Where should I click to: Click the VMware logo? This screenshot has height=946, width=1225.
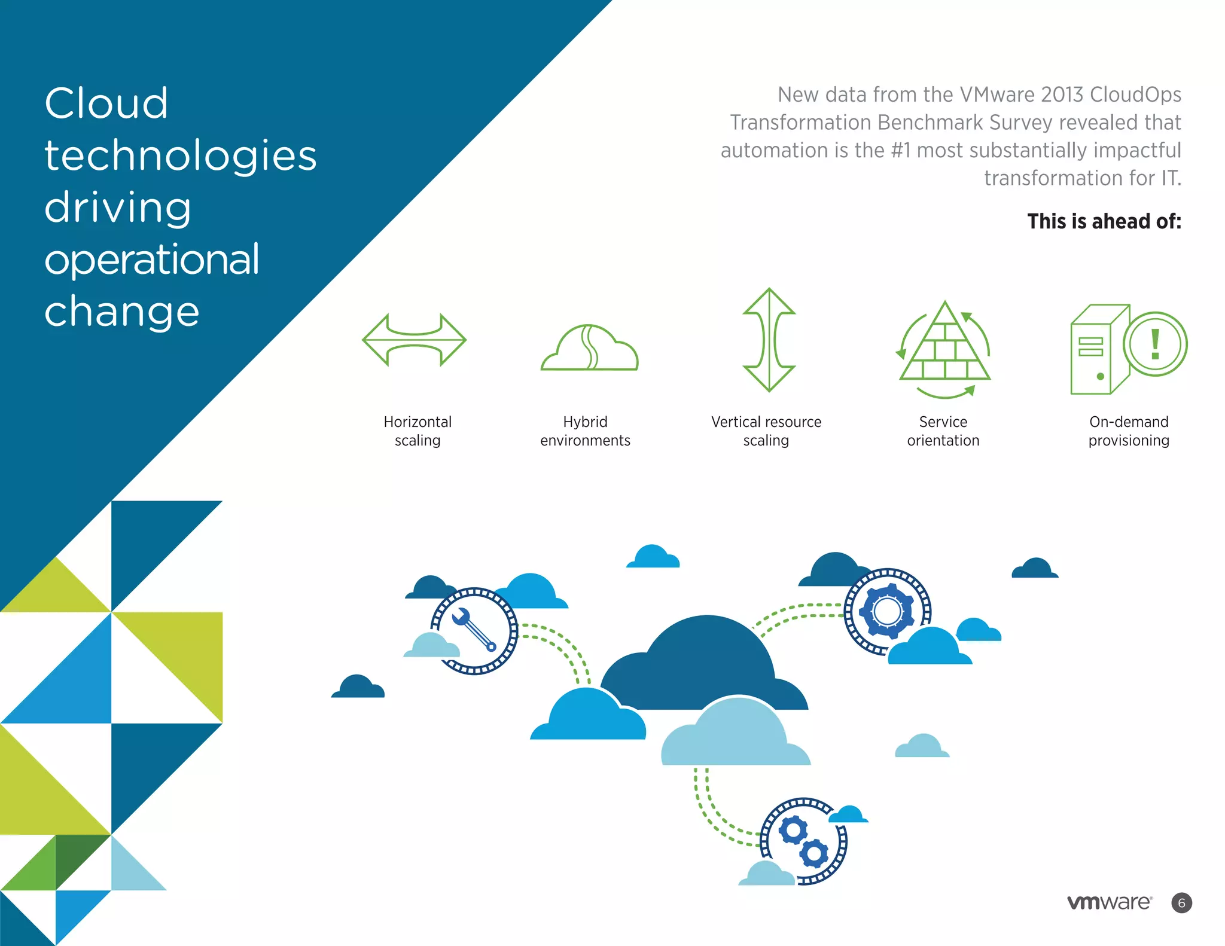(1110, 902)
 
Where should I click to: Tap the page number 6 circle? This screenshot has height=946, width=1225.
(1181, 903)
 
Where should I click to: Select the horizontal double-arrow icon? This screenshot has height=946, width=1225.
(414, 340)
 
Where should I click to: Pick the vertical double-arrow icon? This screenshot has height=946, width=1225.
(769, 340)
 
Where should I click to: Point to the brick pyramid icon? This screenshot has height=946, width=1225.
(944, 347)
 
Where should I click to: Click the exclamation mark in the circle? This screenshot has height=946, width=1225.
(1155, 344)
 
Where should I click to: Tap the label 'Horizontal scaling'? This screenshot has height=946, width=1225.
(418, 431)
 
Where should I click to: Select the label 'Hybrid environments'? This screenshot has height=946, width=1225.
(585, 431)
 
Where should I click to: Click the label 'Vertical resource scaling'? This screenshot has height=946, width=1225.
(766, 431)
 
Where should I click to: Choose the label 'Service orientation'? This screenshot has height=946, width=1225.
(943, 431)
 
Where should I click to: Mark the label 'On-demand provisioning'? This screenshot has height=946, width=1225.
(1129, 431)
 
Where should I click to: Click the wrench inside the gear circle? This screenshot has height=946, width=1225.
(474, 629)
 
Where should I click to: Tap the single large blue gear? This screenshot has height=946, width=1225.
(887, 611)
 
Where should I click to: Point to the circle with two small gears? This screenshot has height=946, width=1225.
(804, 841)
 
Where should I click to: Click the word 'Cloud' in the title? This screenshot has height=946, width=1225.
(106, 103)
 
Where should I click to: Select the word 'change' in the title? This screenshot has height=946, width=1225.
(122, 312)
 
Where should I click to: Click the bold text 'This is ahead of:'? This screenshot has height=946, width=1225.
(1104, 221)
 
